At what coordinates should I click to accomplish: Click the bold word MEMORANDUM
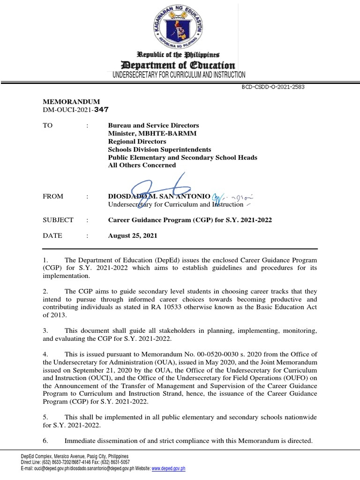click(71, 102)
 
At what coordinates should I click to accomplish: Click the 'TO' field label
click(48, 126)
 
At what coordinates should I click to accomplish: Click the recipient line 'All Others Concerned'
click(142, 165)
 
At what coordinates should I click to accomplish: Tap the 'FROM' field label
click(53, 196)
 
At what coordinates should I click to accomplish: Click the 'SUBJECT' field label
click(58, 220)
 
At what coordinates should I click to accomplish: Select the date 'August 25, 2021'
click(133, 235)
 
